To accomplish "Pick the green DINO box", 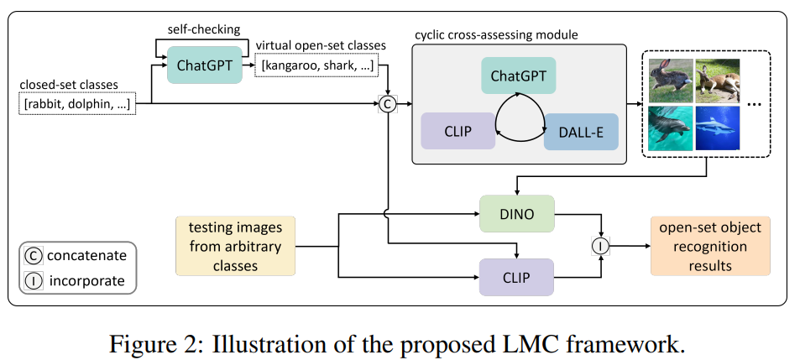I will [x=516, y=213].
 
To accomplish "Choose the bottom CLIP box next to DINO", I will [x=516, y=276].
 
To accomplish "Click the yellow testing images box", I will [x=236, y=246].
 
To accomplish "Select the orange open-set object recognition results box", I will [x=709, y=245].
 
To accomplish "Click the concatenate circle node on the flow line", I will [x=388, y=103].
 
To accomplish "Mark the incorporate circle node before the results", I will [x=601, y=246].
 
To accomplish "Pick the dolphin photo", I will [x=670, y=128].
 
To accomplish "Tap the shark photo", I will [x=717, y=128].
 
